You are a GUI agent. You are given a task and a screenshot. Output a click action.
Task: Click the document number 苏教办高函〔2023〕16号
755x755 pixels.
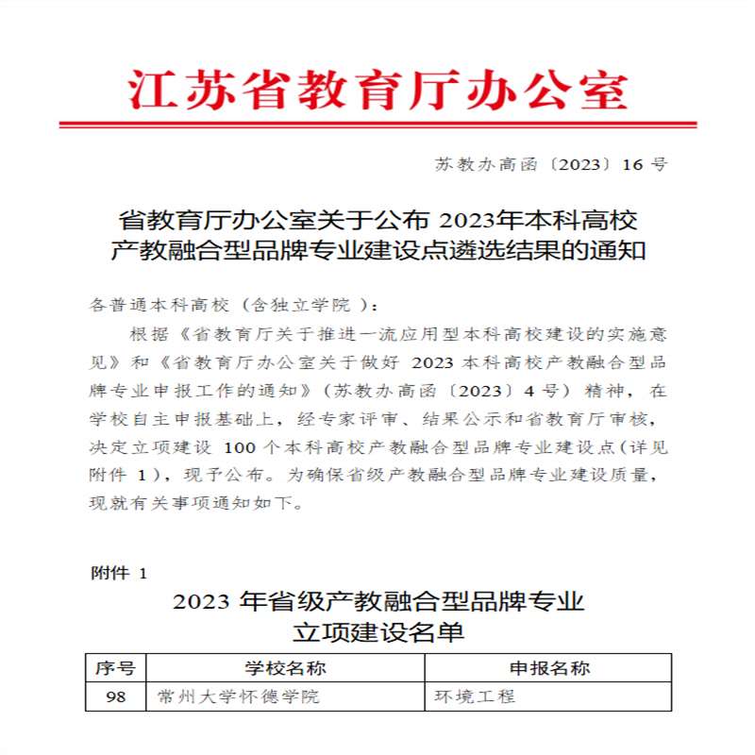coord(551,164)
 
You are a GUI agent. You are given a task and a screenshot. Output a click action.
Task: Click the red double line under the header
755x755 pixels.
coord(377,124)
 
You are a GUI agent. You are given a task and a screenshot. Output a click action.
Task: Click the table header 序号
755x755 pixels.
coord(116,668)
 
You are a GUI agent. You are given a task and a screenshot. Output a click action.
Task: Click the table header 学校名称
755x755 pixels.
coord(285,668)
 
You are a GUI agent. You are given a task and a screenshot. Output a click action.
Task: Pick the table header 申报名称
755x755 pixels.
coord(549,668)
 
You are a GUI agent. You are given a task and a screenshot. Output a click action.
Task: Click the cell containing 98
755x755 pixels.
coord(116,696)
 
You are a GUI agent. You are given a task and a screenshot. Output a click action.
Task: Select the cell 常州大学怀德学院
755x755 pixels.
coord(239,696)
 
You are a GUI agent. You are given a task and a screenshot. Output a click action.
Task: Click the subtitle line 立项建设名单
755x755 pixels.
coord(377,631)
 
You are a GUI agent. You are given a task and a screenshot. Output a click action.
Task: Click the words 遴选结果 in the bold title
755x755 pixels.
coord(519,251)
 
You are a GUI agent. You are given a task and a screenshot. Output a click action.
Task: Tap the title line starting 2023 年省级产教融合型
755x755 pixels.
coord(377,601)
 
